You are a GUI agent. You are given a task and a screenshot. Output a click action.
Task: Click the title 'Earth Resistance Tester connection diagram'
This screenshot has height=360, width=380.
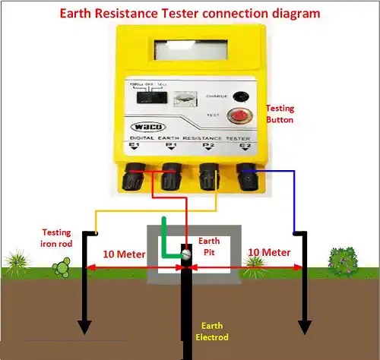click(189, 13)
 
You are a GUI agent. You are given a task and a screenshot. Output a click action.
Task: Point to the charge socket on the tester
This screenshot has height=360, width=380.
click(240, 96)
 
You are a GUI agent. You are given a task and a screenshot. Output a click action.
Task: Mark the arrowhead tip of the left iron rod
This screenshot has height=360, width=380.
click(84, 333)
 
